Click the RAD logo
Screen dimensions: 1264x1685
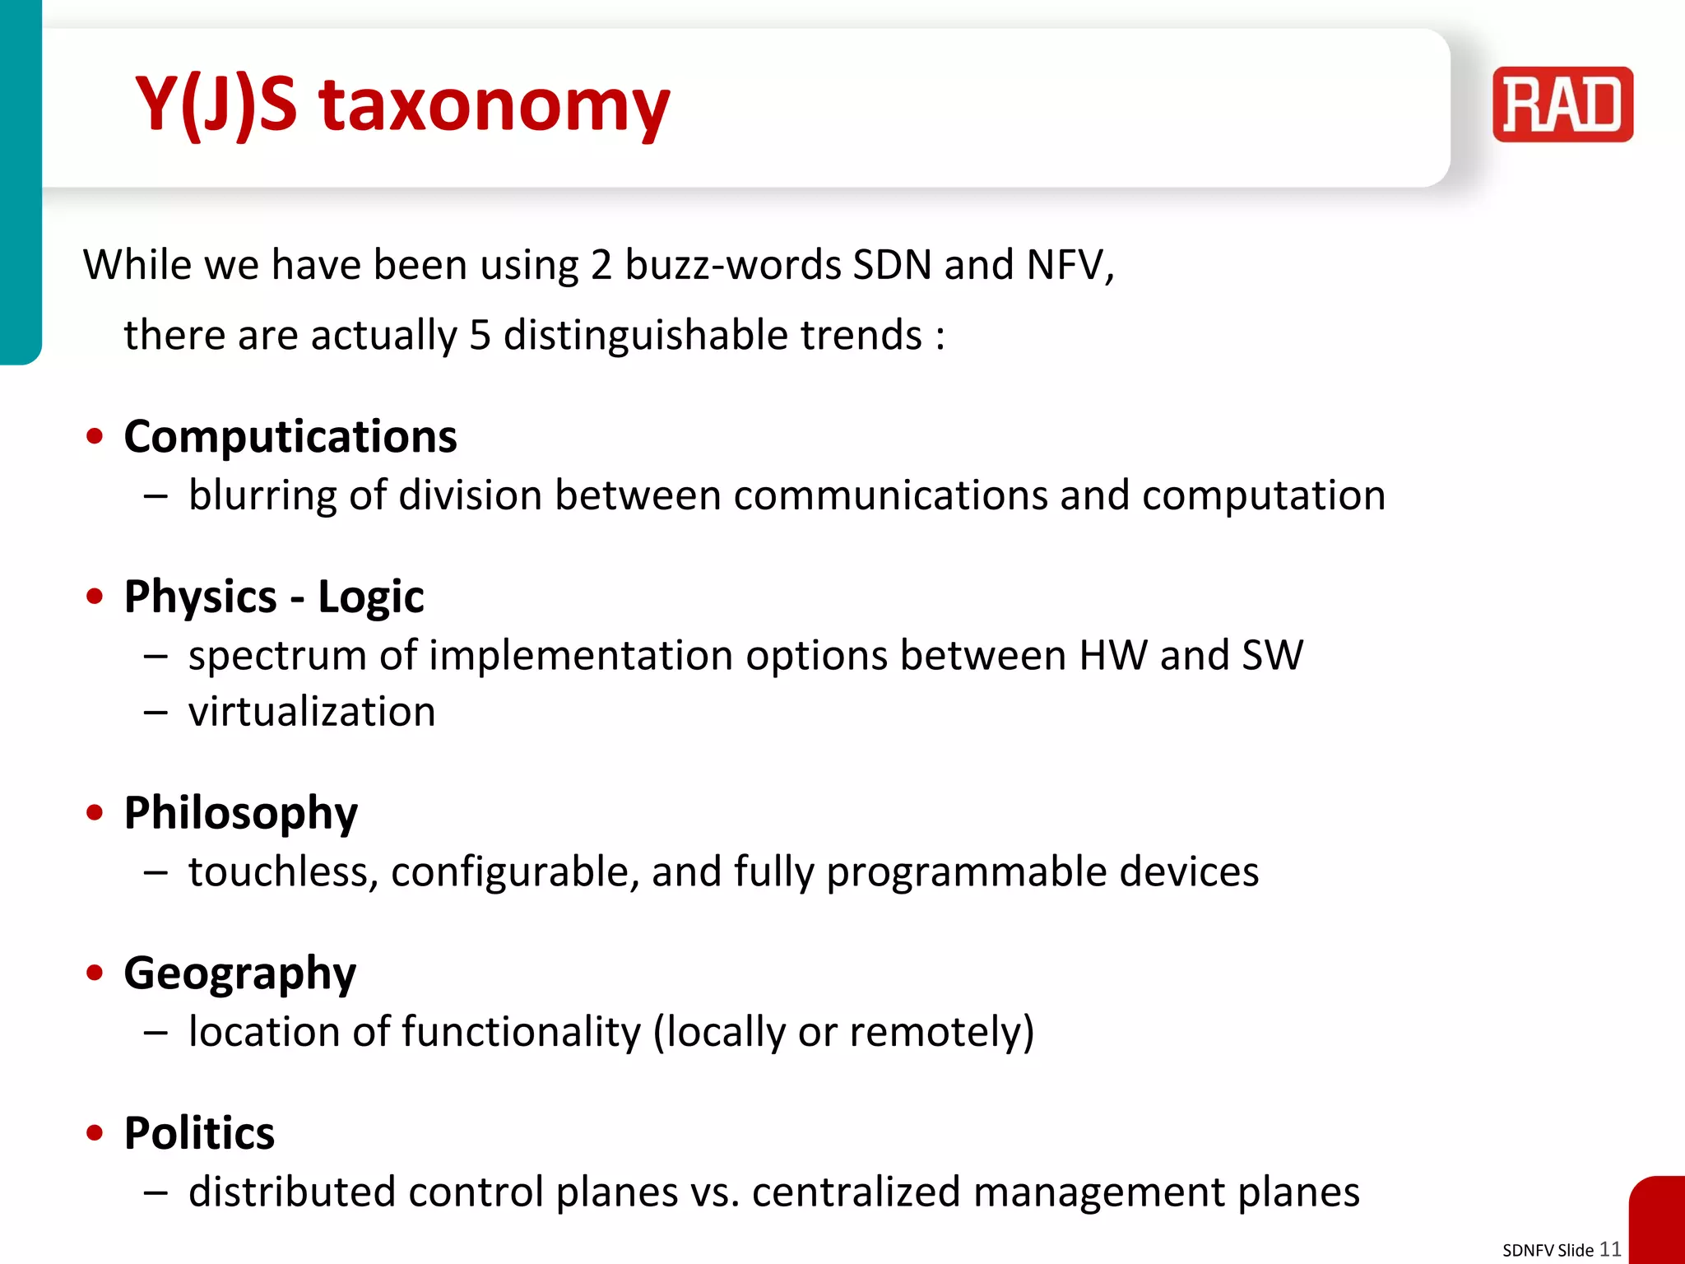[1562, 105]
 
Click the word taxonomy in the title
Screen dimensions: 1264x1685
[494, 105]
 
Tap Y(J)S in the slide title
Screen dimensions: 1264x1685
[216, 105]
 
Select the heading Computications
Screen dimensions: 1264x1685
[290, 436]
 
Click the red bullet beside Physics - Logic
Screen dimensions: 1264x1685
[95, 596]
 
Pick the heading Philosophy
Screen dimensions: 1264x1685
[240, 813]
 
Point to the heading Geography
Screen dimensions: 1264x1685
[239, 974]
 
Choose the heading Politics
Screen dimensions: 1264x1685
[199, 1133]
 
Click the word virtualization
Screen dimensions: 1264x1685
[312, 712]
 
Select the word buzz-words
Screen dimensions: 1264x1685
[732, 265]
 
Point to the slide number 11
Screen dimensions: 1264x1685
[1609, 1248]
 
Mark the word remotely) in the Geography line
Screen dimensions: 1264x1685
[941, 1032]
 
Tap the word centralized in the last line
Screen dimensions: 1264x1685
[856, 1192]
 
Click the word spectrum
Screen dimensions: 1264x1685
[276, 657]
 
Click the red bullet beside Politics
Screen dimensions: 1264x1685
[95, 1133]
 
